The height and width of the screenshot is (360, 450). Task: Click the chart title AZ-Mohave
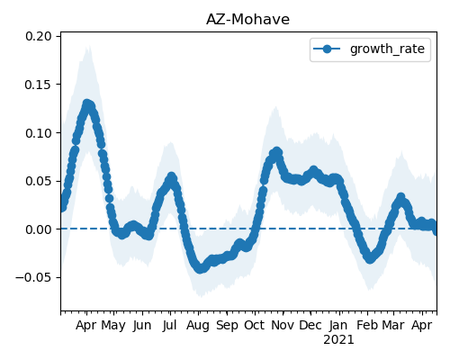247,20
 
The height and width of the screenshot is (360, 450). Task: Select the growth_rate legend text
387,49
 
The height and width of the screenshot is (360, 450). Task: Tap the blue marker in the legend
327,49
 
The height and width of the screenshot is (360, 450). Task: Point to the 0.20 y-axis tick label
39,36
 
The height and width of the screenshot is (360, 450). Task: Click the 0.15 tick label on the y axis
39,85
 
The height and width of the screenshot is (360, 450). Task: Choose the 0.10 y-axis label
39,133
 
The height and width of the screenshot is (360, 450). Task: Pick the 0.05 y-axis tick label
39,181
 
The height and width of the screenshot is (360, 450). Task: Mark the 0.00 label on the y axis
39,229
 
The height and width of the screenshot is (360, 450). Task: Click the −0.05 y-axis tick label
33,277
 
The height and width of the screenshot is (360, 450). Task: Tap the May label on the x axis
113,326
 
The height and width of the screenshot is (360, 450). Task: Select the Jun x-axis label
142,326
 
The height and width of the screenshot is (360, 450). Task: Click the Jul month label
170,326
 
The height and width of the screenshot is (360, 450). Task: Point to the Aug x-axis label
198,326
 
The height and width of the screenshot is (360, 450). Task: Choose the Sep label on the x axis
227,326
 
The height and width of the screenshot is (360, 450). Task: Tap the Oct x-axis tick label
255,325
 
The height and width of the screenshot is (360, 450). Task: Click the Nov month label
283,325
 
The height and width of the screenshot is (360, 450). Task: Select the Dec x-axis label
310,325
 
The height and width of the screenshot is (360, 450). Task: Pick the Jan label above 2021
338,326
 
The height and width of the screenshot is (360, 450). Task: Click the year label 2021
338,340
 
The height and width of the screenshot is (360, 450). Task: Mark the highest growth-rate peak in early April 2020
87,104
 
